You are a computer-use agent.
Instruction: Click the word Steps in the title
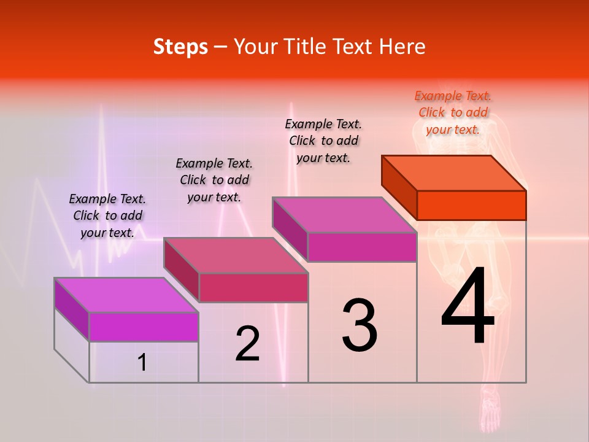tap(180, 47)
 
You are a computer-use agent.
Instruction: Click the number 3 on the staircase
tap(360, 325)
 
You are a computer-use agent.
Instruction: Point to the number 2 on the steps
tap(247, 344)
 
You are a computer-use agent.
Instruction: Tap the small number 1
tap(142, 363)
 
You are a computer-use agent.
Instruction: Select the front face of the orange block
tap(471, 205)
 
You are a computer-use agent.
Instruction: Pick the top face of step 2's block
tap(236, 255)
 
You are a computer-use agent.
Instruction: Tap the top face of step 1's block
tap(126, 295)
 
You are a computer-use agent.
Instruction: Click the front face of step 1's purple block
tap(144, 327)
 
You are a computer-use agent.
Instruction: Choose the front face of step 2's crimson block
tap(253, 287)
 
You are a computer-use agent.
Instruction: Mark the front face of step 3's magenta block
tap(362, 247)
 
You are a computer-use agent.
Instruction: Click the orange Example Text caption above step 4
tap(453, 112)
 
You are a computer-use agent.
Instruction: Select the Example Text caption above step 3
tap(323, 141)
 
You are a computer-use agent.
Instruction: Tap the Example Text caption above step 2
tap(214, 180)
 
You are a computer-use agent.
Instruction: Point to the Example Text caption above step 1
tap(107, 215)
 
